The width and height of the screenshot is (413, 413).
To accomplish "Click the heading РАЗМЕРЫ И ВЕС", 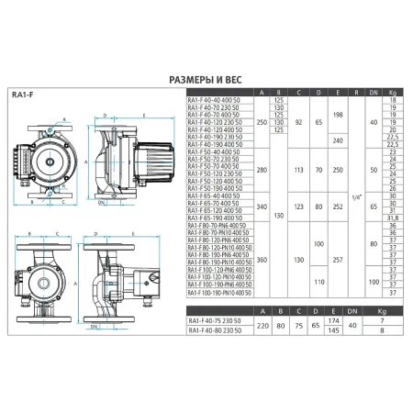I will [206, 80].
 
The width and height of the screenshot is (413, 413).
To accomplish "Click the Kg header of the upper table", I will [393, 93].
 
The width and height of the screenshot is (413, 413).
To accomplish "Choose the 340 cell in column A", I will [264, 206].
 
